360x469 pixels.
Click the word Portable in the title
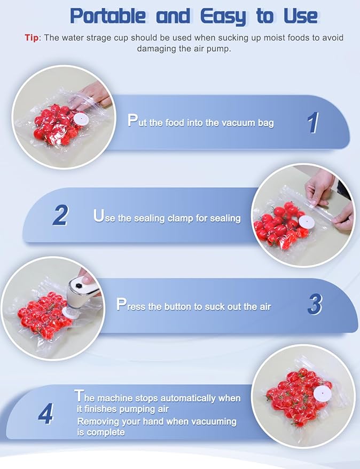(x=108, y=16)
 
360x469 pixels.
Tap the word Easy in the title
(x=223, y=17)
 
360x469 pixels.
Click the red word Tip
(x=32, y=38)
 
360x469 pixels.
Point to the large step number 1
(x=313, y=123)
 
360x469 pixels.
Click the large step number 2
(x=60, y=215)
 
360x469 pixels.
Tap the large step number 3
(x=315, y=304)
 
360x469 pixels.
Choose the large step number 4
(x=46, y=414)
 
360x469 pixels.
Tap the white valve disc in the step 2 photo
(x=306, y=222)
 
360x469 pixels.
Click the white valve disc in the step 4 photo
(x=323, y=392)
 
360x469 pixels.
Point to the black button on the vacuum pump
(x=79, y=286)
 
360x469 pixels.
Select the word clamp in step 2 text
(x=181, y=219)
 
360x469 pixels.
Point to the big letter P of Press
(x=121, y=304)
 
